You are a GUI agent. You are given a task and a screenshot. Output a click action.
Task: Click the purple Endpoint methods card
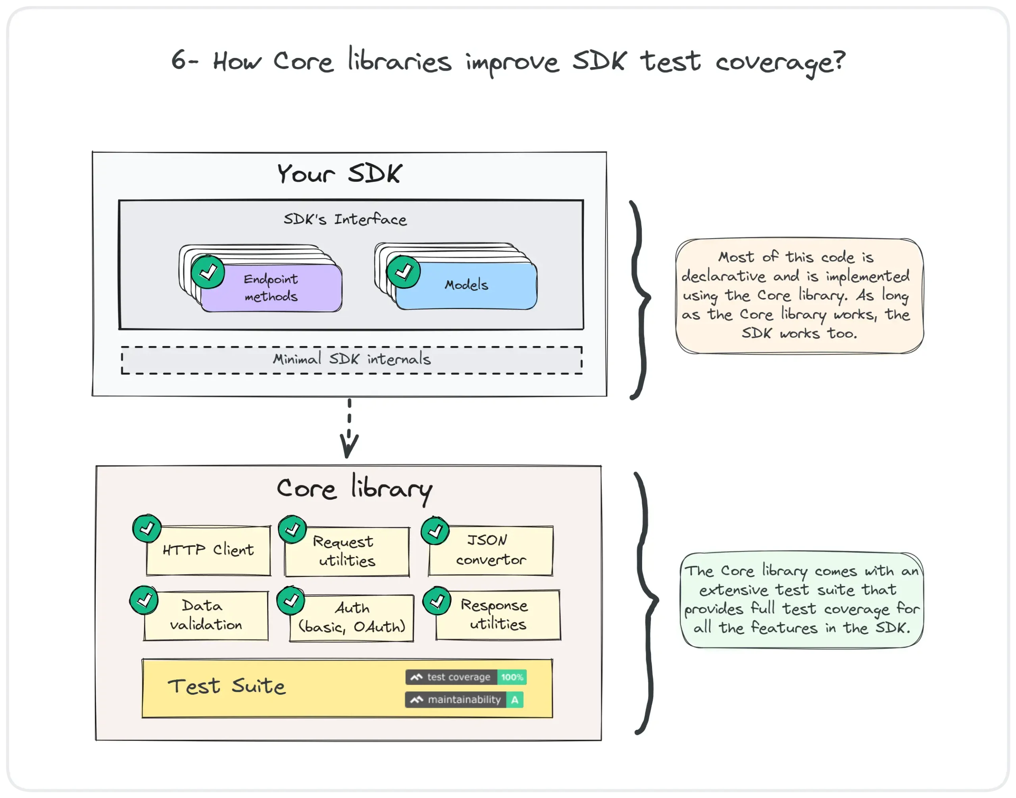pyautogui.click(x=271, y=288)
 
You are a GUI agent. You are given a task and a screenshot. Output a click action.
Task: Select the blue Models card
pyautogui.click(x=466, y=285)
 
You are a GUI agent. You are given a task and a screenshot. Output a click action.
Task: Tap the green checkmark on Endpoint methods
pyautogui.click(x=208, y=272)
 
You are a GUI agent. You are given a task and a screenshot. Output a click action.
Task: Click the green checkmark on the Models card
pyautogui.click(x=403, y=272)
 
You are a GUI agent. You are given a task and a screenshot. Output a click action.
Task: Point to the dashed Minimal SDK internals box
pyautogui.click(x=352, y=360)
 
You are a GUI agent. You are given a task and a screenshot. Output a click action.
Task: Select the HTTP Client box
pyautogui.click(x=208, y=550)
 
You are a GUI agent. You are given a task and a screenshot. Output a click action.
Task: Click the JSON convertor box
pyautogui.click(x=491, y=550)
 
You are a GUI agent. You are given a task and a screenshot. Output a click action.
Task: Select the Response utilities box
pyautogui.click(x=498, y=615)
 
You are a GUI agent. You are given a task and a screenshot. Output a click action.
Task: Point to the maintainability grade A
pyautogui.click(x=514, y=700)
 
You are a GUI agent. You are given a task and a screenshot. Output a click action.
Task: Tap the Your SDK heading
pyautogui.click(x=339, y=173)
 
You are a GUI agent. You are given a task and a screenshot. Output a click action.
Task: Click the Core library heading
pyautogui.click(x=354, y=489)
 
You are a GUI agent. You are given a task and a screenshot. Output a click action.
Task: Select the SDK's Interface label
pyautogui.click(x=345, y=219)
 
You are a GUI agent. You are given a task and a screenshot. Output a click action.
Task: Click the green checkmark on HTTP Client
pyautogui.click(x=147, y=529)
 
